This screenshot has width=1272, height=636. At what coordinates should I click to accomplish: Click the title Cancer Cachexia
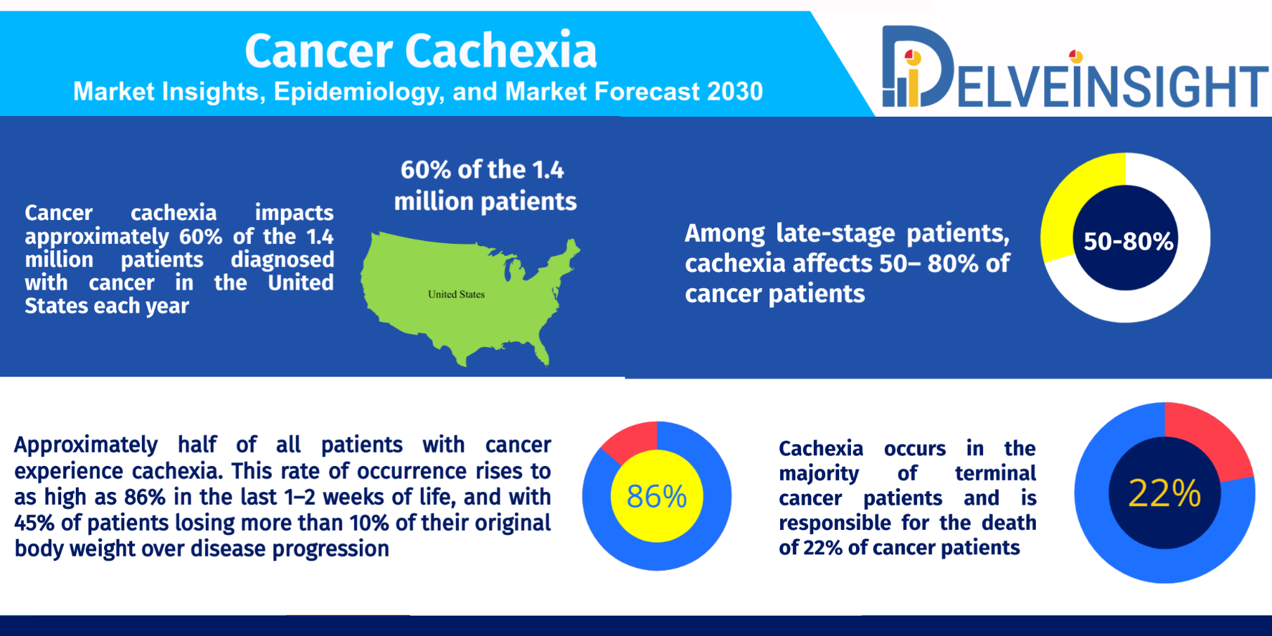pos(420,51)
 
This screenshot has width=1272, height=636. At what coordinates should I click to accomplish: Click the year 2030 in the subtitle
pos(735,91)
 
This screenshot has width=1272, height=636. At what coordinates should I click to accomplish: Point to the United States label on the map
pos(456,294)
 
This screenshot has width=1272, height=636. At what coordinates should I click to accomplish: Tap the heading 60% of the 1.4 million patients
pos(485,186)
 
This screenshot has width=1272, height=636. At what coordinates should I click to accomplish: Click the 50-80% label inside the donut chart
pos(1128,242)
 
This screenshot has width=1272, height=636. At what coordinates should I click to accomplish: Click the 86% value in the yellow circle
pos(656,497)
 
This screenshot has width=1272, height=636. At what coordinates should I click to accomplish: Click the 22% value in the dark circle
pos(1164,493)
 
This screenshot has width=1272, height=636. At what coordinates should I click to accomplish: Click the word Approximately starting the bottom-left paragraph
pos(86,446)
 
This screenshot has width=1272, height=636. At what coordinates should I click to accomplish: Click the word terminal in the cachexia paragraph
pos(995,473)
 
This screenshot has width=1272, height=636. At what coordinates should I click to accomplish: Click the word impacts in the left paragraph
pos(294,213)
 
